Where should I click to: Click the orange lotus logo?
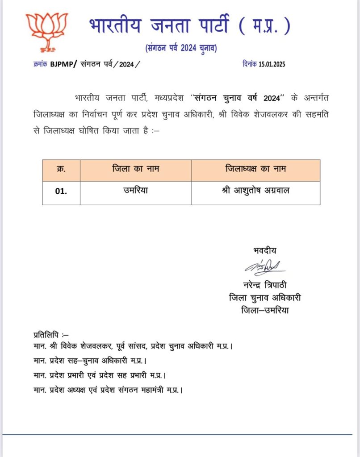46,31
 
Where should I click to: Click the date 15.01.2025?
272,64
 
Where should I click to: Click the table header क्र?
61,170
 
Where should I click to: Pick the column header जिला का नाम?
135,170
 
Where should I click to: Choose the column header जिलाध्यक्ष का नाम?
255,170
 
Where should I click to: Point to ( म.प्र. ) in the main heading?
264,26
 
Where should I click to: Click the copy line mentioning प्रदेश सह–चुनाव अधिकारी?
90,360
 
